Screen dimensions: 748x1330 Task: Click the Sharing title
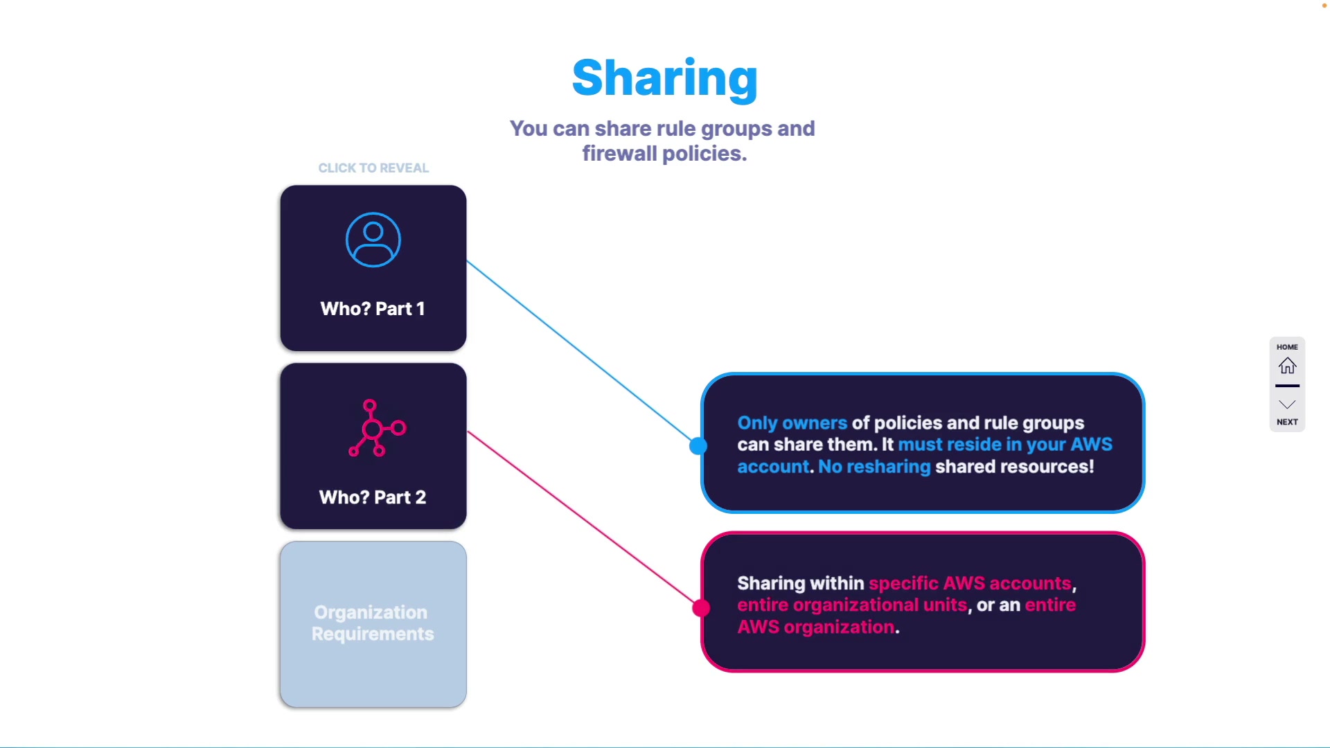coord(664,78)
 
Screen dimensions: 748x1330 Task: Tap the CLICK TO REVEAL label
coord(373,168)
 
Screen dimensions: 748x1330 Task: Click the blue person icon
coord(373,240)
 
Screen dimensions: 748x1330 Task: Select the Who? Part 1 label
coord(373,309)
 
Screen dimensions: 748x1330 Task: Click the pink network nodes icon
coord(376,428)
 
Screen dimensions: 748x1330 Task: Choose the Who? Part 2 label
coord(373,497)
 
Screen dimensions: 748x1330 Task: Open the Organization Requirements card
coord(373,623)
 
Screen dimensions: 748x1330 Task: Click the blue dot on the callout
coord(698,446)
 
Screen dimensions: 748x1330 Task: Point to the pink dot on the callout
coord(701,608)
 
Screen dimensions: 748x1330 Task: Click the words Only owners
coord(792,423)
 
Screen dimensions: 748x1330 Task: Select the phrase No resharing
coord(874,467)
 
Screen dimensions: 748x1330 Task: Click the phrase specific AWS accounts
coord(970,583)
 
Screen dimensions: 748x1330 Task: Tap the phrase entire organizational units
coord(852,605)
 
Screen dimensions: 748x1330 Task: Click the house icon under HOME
coord(1287,366)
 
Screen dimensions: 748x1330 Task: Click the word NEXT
coord(1287,422)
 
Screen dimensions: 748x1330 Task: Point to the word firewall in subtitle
coord(619,154)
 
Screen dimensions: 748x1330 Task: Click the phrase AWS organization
coord(816,627)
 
